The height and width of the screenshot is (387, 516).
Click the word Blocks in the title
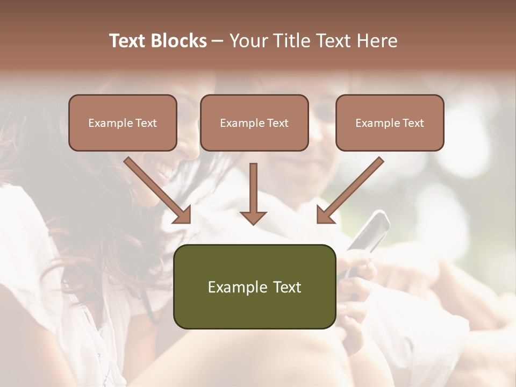[x=178, y=41]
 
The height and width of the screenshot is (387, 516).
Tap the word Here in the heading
[x=377, y=41]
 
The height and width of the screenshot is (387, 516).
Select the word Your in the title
[x=248, y=41]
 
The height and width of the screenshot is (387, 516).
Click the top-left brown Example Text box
[x=123, y=123]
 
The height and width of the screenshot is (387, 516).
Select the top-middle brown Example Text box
[x=254, y=123]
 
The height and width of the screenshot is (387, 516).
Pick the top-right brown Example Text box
[x=390, y=123]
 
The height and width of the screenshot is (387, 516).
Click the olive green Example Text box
[x=254, y=287]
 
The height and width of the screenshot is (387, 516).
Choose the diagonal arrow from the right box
[x=350, y=191]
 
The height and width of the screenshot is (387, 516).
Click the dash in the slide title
[x=218, y=41]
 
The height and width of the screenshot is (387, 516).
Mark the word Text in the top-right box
[x=413, y=123]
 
